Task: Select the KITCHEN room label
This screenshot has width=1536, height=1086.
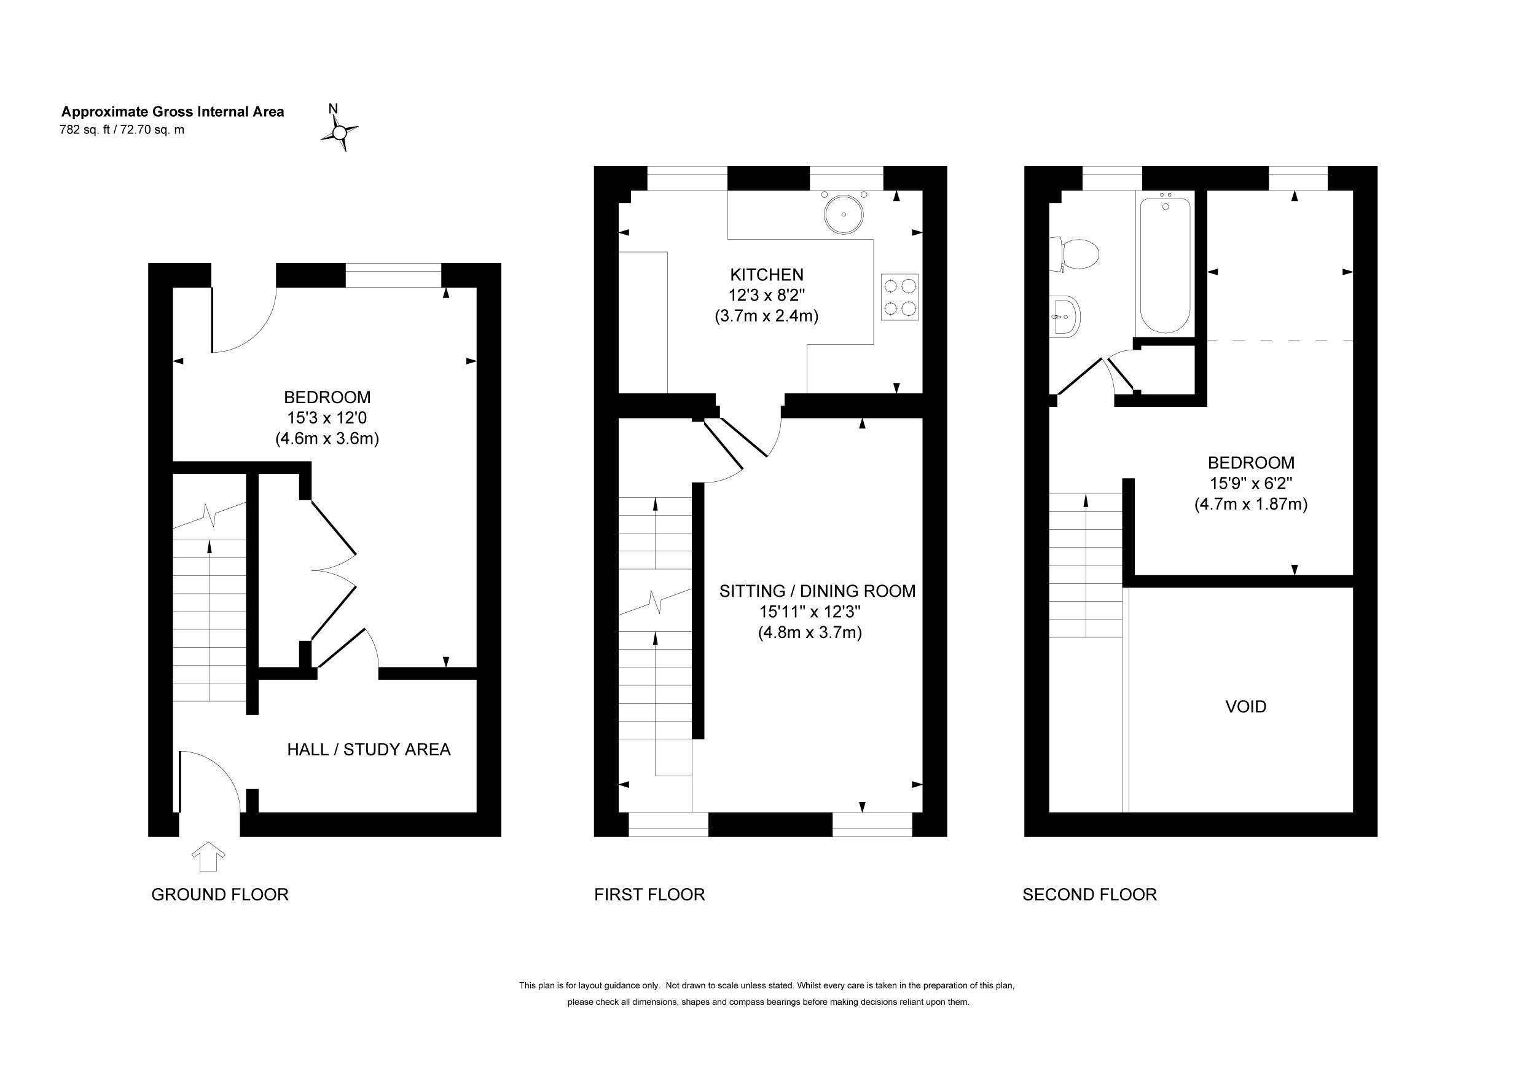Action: (x=767, y=274)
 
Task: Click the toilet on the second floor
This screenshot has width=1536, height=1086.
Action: (x=1075, y=255)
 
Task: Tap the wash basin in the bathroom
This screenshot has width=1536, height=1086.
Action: (x=1064, y=317)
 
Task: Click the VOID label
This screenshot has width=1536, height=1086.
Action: (x=1245, y=707)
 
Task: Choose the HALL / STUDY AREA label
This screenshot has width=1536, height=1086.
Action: (x=369, y=749)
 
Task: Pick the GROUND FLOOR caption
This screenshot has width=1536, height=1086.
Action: (x=220, y=895)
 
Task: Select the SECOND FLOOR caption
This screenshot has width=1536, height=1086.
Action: (x=1090, y=895)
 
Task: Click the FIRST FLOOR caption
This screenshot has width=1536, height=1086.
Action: (x=649, y=895)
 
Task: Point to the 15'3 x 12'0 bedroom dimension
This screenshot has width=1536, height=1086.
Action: (x=327, y=418)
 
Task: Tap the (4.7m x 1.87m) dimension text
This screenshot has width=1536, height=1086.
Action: (x=1251, y=504)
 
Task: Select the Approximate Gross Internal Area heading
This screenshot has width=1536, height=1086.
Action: (x=173, y=112)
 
